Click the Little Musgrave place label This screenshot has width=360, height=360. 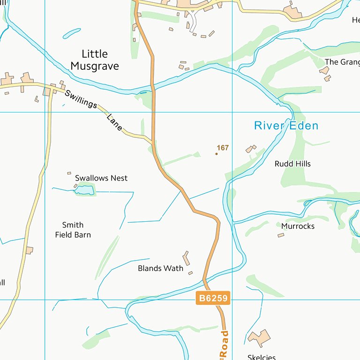[x=95, y=60]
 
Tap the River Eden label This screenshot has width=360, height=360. [x=286, y=126]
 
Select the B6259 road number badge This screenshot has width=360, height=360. [x=213, y=298]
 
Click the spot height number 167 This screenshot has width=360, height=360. [x=223, y=148]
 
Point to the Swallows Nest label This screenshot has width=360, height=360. [x=101, y=178]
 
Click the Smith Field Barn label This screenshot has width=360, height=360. [x=73, y=230]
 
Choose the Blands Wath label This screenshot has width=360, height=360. [x=160, y=269]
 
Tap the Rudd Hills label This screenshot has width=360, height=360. [x=292, y=164]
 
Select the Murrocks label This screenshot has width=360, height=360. [x=298, y=226]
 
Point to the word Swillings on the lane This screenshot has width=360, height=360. [x=81, y=99]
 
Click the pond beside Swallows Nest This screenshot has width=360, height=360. [x=84, y=190]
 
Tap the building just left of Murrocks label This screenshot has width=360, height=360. [x=281, y=235]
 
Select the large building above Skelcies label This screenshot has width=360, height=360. [x=259, y=337]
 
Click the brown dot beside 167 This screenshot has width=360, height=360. [x=217, y=153]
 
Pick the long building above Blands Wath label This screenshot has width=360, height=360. [x=186, y=258]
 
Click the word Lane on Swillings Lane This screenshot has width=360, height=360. [x=114, y=123]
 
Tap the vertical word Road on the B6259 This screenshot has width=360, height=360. [x=225, y=345]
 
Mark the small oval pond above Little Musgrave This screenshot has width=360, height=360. [x=72, y=33]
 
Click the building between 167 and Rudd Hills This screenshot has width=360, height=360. [x=251, y=149]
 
